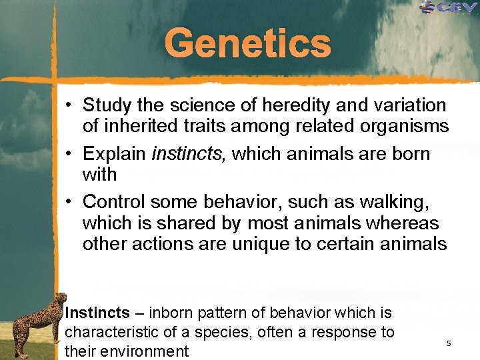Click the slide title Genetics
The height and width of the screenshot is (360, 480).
247,43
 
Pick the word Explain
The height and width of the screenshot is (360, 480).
114,154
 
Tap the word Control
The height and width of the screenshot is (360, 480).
114,201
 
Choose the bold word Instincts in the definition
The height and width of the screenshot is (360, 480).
97,313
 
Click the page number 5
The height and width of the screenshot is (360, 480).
449,343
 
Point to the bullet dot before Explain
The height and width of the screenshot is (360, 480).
69,154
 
